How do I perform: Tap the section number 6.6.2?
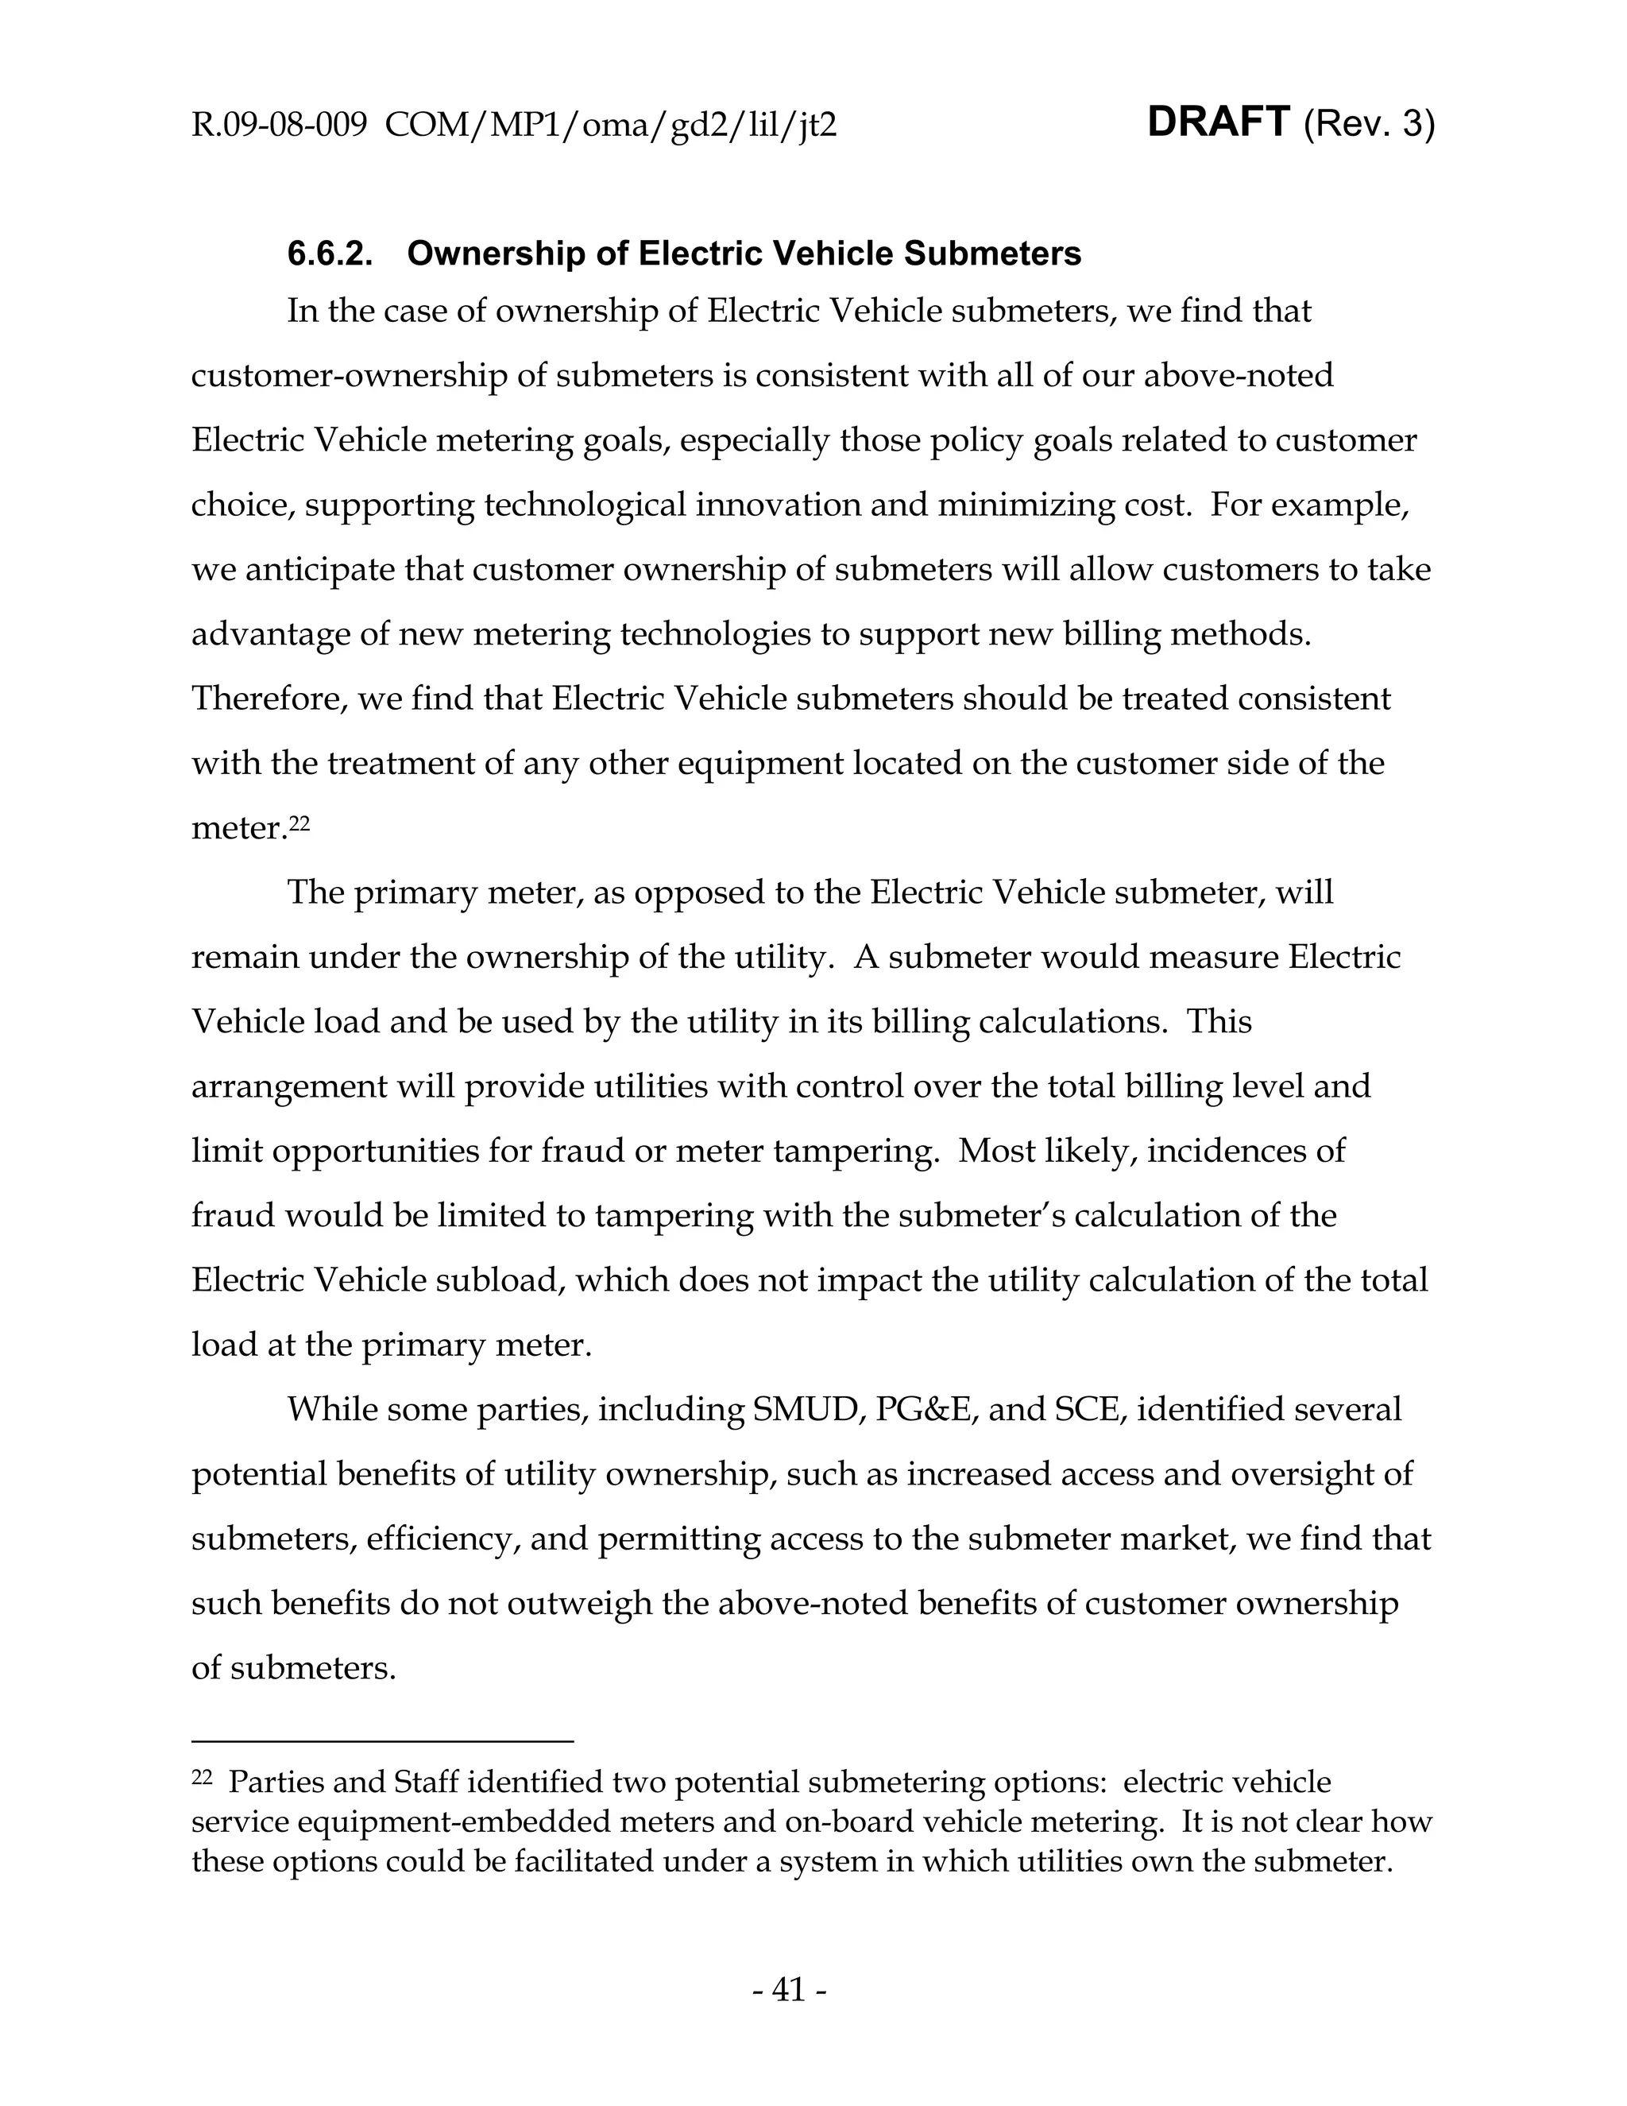(330, 254)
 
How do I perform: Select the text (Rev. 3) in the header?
(1369, 125)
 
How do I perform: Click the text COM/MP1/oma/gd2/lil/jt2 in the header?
(610, 126)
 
